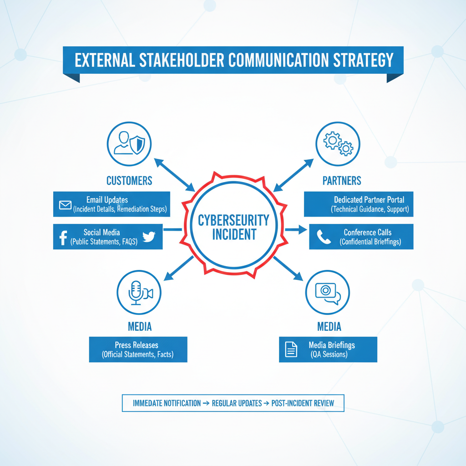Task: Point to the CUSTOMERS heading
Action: pyautogui.click(x=129, y=181)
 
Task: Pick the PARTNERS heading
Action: pyautogui.click(x=342, y=181)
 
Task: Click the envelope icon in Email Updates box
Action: pyautogui.click(x=65, y=204)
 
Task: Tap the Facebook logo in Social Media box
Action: pyautogui.click(x=63, y=237)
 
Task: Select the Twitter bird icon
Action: pyautogui.click(x=149, y=237)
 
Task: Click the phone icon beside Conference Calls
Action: pyautogui.click(x=324, y=237)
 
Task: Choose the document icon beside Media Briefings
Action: pyautogui.click(x=291, y=349)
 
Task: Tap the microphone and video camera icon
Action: pyautogui.click(x=139, y=293)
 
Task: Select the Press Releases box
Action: pyautogui.click(x=138, y=349)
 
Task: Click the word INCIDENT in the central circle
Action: pyautogui.click(x=234, y=235)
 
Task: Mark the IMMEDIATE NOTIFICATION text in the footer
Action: pyautogui.click(x=167, y=403)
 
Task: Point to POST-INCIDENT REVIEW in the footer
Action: pyautogui.click(x=303, y=403)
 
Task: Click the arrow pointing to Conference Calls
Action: pyautogui.click(x=296, y=230)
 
